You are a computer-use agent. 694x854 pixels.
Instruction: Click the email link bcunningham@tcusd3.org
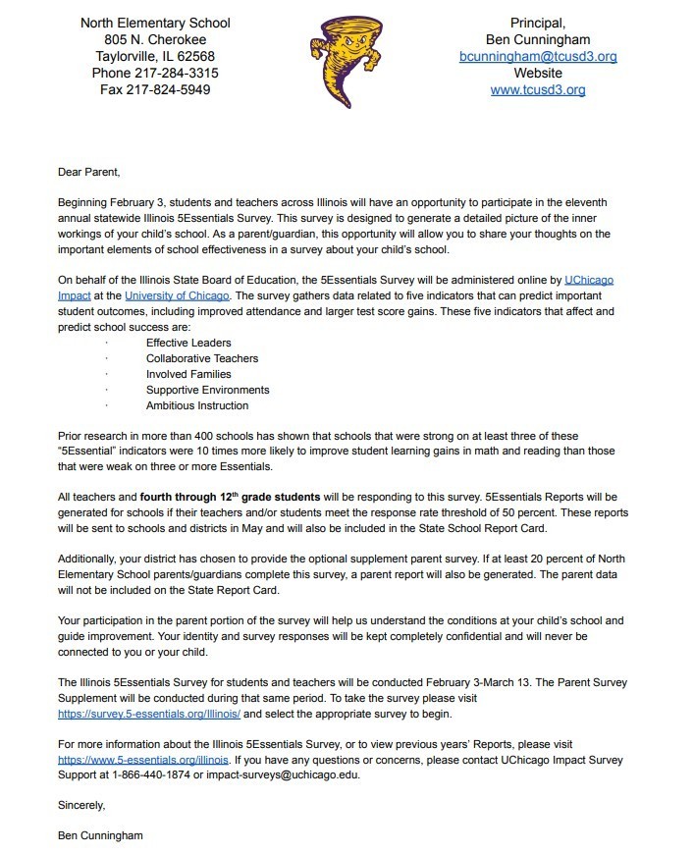click(538, 57)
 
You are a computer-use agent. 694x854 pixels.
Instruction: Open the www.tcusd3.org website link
click(538, 89)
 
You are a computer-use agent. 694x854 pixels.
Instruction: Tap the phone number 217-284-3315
click(183, 73)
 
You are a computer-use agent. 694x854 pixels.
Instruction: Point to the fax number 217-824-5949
click(176, 89)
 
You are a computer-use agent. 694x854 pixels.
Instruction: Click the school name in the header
click(155, 23)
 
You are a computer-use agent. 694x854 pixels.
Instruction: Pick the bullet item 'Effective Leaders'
click(188, 343)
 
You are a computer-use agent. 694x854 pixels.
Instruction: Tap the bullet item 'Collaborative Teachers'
click(201, 358)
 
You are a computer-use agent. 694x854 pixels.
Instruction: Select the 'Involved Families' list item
click(188, 374)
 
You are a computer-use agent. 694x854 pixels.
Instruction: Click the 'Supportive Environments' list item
click(207, 390)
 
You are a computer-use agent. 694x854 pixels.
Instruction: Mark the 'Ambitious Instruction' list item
click(197, 405)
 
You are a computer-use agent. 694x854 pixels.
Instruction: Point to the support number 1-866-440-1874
click(156, 775)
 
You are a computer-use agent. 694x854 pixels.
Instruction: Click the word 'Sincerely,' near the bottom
click(81, 805)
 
